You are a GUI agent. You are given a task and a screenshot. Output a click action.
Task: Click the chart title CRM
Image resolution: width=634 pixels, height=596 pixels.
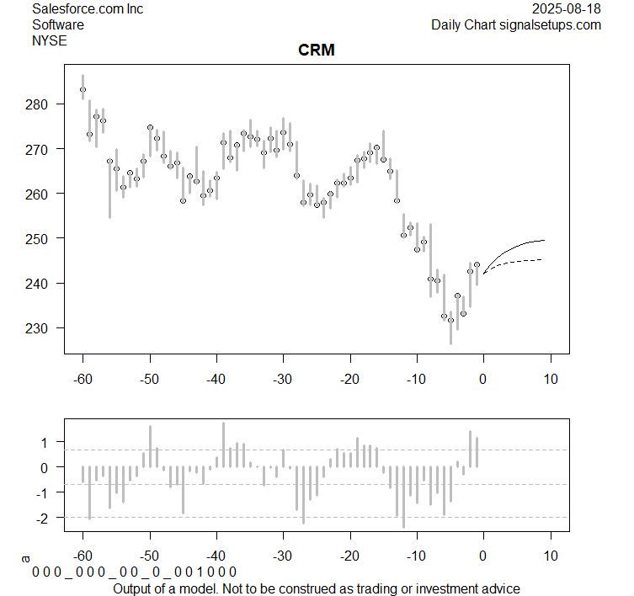(x=317, y=51)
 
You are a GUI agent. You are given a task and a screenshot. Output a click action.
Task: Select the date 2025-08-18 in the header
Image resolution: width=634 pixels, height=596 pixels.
(x=567, y=9)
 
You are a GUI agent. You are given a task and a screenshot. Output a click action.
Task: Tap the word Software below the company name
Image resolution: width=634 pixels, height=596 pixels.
(x=58, y=24)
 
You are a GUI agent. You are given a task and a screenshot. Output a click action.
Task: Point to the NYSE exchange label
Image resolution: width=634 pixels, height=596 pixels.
(x=49, y=40)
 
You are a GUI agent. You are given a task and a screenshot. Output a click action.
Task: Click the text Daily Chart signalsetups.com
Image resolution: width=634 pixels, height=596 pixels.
(x=516, y=24)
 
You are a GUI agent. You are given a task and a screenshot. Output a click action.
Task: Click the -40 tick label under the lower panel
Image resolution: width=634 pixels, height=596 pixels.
(x=216, y=556)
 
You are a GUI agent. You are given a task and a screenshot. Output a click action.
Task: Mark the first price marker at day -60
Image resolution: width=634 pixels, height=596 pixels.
(x=83, y=89)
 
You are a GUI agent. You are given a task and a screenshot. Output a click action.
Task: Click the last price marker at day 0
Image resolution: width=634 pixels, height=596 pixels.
(x=477, y=264)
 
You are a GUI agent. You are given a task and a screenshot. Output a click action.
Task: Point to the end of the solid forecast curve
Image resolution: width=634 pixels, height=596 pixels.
(x=545, y=241)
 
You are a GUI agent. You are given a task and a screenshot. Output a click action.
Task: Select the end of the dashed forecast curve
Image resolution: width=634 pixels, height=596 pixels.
(x=541, y=259)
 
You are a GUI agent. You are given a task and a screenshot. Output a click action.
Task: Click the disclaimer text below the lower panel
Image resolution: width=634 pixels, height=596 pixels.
(x=316, y=588)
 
